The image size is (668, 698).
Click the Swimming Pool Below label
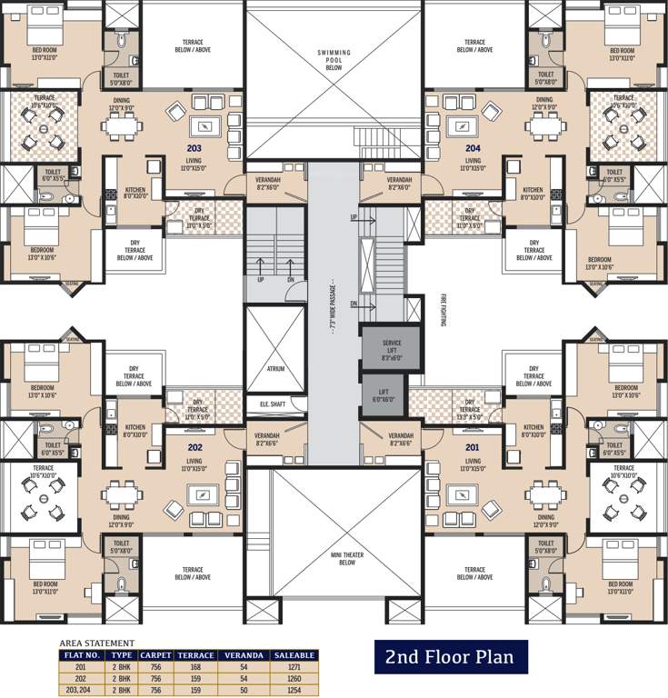pyautogui.click(x=334, y=60)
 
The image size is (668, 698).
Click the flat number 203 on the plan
pyautogui.click(x=193, y=147)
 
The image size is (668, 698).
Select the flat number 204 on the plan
pyautogui.click(x=473, y=147)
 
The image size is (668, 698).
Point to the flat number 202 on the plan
pyautogui.click(x=194, y=446)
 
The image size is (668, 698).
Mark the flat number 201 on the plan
pyautogui.click(x=473, y=446)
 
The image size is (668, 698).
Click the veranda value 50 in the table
pyautogui.click(x=244, y=688)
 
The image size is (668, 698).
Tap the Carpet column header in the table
pyautogui.click(x=156, y=653)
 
